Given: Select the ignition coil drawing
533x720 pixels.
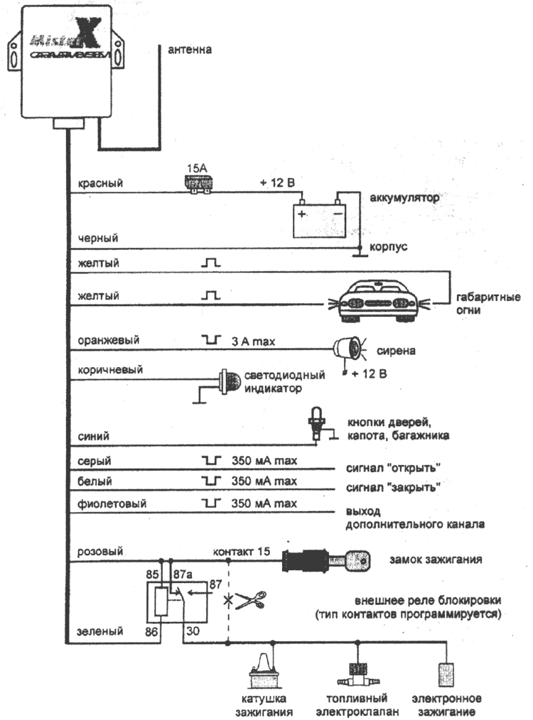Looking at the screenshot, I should [x=263, y=672].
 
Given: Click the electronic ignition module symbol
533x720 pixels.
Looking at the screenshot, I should [x=446, y=671].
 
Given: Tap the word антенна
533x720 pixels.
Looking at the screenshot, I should [x=190, y=50].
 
